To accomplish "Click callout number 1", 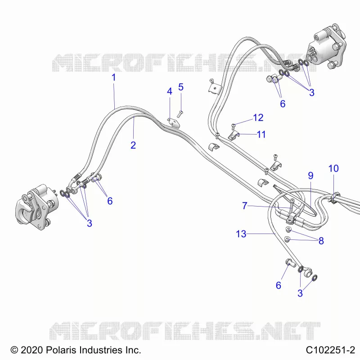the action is click(114, 77).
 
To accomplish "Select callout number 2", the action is click(133, 145).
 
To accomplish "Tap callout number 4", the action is click(170, 91).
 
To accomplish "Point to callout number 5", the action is click(181, 87).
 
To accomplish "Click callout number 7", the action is click(245, 206).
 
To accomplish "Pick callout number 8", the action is click(321, 241).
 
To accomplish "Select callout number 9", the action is click(310, 175).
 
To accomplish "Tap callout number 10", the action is click(333, 168).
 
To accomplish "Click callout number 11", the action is click(261, 134).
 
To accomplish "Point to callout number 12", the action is click(258, 117).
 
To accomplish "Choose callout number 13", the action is click(241, 234).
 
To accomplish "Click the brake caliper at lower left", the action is click(37, 207).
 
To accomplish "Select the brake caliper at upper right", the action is click(327, 47).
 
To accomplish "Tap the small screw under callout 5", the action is click(180, 114).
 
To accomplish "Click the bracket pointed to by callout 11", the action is click(234, 136).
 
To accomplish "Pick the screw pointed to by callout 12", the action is click(233, 126).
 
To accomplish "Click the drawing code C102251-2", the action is click(330, 350).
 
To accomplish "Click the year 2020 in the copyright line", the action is click(31, 350).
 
